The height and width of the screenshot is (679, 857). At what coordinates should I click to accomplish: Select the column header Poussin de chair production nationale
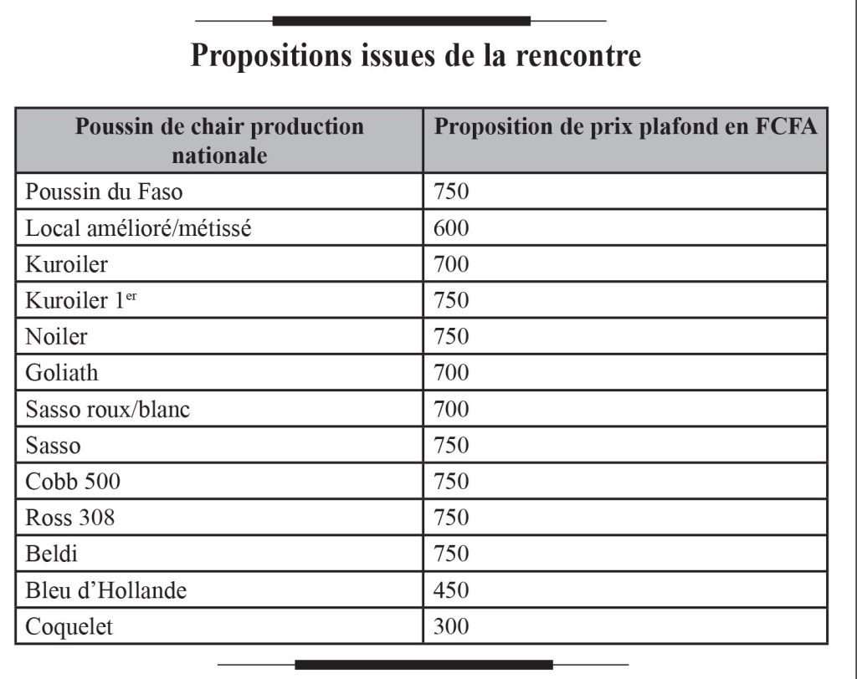[x=219, y=140]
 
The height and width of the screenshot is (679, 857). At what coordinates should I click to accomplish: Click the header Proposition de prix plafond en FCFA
[x=626, y=127]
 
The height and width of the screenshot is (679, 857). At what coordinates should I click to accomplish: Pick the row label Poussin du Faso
[x=104, y=192]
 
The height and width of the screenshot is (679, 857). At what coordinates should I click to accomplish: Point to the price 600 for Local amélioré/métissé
[x=451, y=228]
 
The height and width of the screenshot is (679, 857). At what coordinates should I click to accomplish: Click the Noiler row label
[x=56, y=337]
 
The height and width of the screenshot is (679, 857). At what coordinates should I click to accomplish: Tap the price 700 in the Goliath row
[x=451, y=373]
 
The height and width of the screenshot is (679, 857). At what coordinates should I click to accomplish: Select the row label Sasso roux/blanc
[x=108, y=410]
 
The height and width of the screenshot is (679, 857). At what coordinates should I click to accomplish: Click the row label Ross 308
[x=70, y=518]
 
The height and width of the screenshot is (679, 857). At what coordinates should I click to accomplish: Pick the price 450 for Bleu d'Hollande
[x=451, y=591]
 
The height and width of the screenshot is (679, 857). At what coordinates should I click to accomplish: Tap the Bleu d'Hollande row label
[x=106, y=591]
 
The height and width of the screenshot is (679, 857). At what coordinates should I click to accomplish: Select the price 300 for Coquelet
[x=451, y=627]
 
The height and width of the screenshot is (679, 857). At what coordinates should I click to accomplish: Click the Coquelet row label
[x=69, y=627]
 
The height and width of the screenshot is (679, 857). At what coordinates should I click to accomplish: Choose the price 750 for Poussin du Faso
[x=451, y=192]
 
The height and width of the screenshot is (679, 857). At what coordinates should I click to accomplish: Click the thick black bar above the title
[x=401, y=20]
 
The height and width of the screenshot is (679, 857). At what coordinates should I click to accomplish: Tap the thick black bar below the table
[x=423, y=665]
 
